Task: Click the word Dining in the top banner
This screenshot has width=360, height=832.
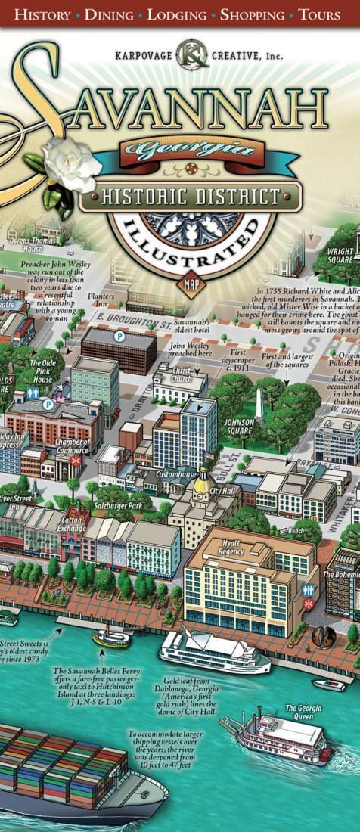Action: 109,14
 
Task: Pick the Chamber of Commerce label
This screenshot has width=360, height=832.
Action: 73,446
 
